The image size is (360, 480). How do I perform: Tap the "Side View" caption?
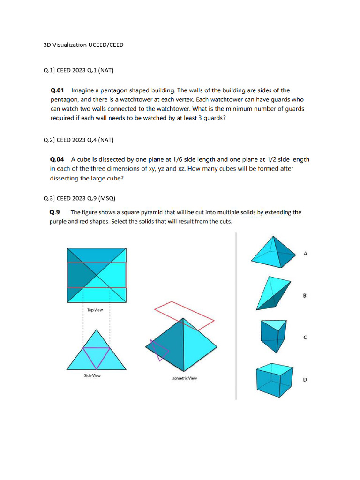click(92, 375)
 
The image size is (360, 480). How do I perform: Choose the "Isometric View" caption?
click(184, 378)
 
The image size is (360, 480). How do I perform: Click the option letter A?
click(305, 254)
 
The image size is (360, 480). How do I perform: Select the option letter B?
click(305, 296)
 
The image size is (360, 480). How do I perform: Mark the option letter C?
click(305, 337)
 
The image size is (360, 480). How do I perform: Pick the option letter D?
click(305, 380)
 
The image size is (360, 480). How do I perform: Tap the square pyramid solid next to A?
click(274, 254)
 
